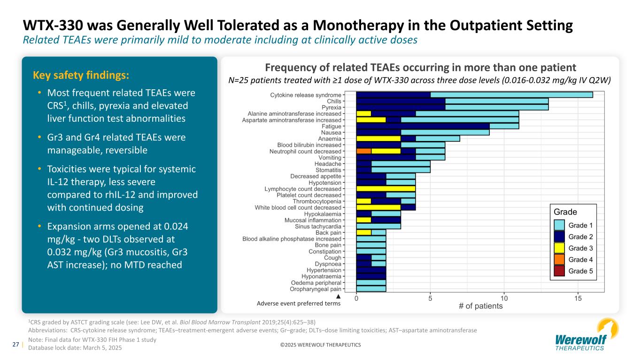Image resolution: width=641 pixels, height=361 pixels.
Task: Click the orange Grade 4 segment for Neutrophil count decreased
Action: coord(364,151)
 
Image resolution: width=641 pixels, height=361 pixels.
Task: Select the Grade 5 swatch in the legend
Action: coord(559,271)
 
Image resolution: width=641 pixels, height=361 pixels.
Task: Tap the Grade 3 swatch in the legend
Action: coord(559,248)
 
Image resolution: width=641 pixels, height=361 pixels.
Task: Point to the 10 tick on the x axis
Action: coord(504,298)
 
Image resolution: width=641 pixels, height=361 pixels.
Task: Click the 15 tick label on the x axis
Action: coord(578,298)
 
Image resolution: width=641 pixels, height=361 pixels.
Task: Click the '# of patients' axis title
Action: coord(480,306)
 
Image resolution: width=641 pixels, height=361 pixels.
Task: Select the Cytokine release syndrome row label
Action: coord(306,95)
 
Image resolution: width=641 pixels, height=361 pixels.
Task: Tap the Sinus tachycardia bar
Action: coord(378,226)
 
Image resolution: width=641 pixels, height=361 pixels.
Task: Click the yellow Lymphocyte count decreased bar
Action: coord(386,188)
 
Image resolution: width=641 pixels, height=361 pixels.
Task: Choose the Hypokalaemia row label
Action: coord(323,214)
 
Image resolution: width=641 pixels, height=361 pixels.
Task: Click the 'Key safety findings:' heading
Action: coord(81,75)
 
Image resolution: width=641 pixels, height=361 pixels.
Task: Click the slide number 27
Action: coord(15,344)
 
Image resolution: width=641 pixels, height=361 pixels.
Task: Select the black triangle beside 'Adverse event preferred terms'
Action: coord(338,297)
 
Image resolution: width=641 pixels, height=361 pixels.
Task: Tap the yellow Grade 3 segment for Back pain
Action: coord(364,232)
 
